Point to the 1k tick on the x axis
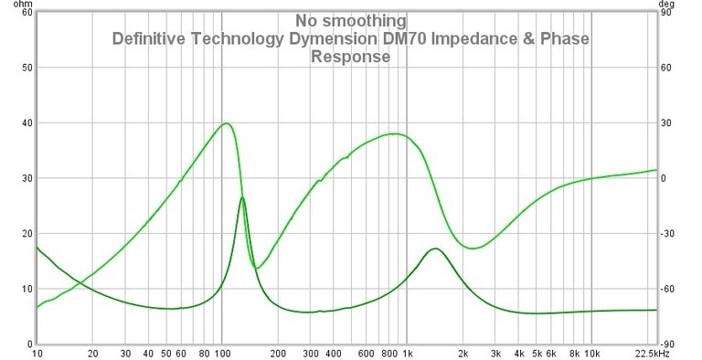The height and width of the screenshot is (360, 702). (407, 353)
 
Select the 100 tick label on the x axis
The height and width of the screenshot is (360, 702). (222, 353)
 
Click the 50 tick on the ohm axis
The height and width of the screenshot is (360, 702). (27, 68)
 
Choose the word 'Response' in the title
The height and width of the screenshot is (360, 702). (350, 57)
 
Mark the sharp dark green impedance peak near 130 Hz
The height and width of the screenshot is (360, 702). (241, 198)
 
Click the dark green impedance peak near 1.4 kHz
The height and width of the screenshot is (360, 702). (435, 249)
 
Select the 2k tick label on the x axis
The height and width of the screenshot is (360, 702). (463, 353)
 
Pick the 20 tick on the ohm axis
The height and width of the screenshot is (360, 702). (27, 234)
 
